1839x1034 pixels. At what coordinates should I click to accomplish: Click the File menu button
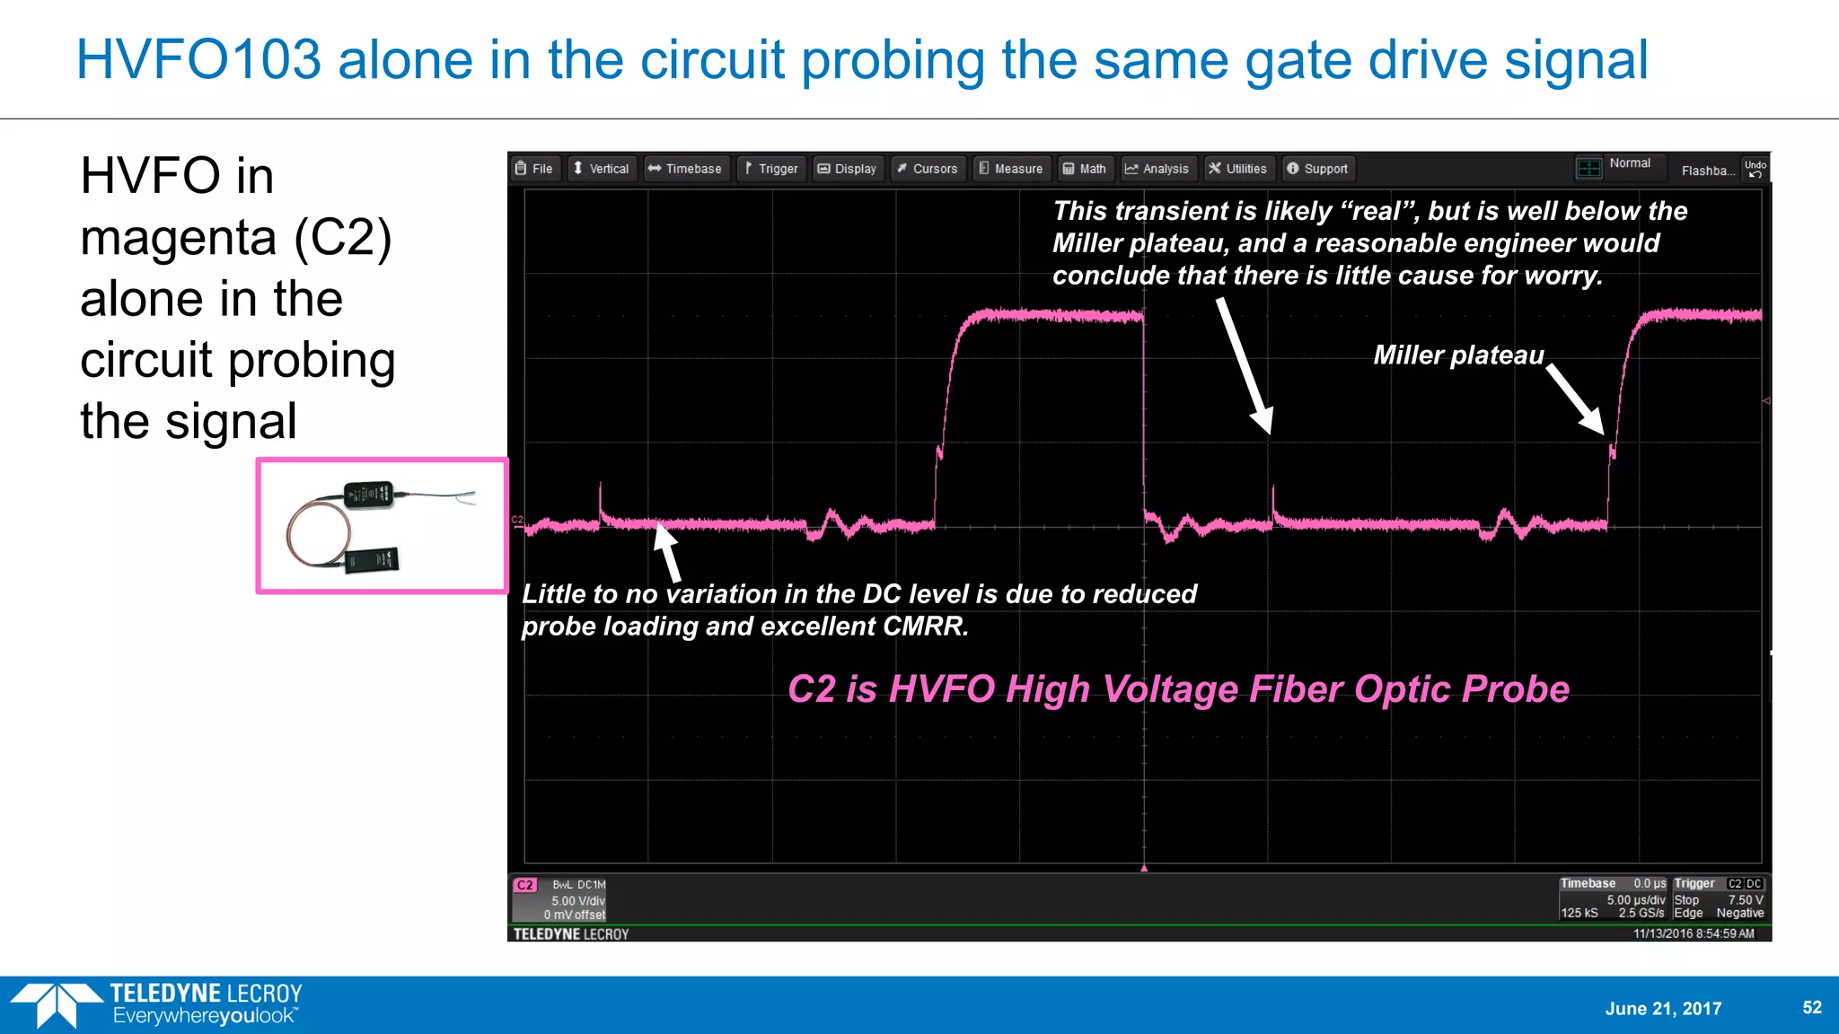pyautogui.click(x=534, y=169)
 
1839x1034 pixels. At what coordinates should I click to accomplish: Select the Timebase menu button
pyautogui.click(x=684, y=169)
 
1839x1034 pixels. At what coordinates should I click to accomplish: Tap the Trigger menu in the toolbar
pyautogui.click(x=771, y=169)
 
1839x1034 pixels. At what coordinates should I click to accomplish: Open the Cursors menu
pyautogui.click(x=928, y=169)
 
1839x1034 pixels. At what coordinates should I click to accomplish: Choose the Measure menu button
pyautogui.click(x=1011, y=169)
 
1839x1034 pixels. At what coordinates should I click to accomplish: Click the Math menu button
pyautogui.click(x=1085, y=169)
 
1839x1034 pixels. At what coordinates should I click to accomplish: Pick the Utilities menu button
pyautogui.click(x=1237, y=169)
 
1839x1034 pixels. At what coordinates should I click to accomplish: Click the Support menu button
pyautogui.click(x=1317, y=169)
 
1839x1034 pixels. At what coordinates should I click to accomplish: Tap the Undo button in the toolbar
pyautogui.click(x=1755, y=169)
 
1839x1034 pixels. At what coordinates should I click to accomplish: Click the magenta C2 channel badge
pyautogui.click(x=525, y=885)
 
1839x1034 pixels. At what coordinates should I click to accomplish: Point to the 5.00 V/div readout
pyautogui.click(x=578, y=900)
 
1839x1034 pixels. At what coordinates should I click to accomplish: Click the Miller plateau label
pyautogui.click(x=1458, y=355)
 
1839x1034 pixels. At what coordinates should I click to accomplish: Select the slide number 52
pyautogui.click(x=1812, y=1007)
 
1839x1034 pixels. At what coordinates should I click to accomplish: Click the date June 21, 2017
pyautogui.click(x=1663, y=1008)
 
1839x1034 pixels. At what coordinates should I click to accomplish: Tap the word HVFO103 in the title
pyautogui.click(x=198, y=60)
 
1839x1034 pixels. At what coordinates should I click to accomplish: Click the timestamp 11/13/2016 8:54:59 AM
pyautogui.click(x=1694, y=933)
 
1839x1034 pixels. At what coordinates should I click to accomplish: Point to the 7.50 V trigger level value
pyautogui.click(x=1746, y=899)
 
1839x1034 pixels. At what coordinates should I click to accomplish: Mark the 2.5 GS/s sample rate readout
pyautogui.click(x=1641, y=913)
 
